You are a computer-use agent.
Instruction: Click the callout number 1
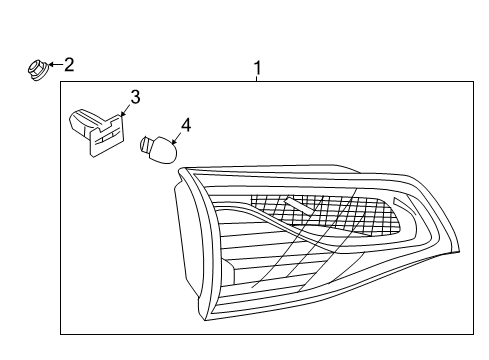click(257, 68)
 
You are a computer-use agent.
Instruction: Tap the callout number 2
click(69, 65)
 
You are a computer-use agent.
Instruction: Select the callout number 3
click(134, 97)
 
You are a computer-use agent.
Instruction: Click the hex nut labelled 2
click(35, 69)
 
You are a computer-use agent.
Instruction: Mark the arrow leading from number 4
click(176, 138)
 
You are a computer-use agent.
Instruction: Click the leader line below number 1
click(257, 80)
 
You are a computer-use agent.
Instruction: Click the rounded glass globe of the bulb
click(164, 151)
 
